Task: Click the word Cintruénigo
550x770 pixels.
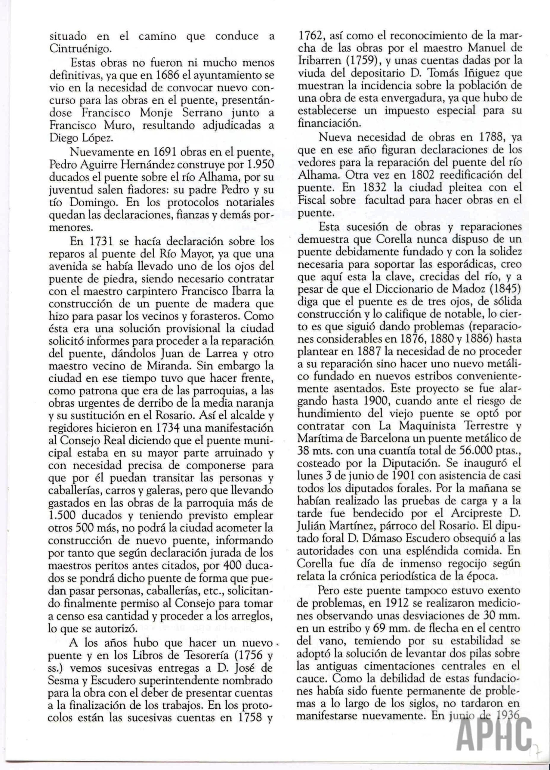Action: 80,49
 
